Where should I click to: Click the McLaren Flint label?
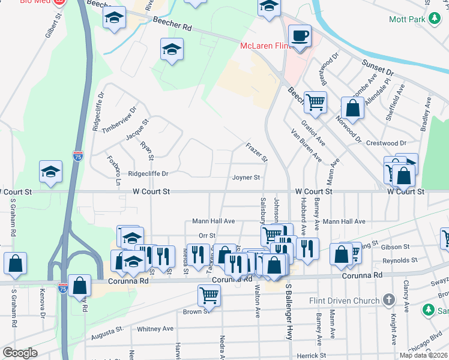click(x=265, y=46)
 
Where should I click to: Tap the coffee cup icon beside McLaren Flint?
click(x=300, y=35)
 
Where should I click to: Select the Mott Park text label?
click(x=408, y=19)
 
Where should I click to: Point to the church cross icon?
click(x=389, y=299)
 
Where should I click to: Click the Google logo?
click(x=20, y=352)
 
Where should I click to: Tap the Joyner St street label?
click(x=246, y=178)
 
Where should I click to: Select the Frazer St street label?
click(x=256, y=151)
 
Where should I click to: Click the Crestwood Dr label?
click(x=387, y=143)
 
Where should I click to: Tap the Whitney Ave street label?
click(x=155, y=329)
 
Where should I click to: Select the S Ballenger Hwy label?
click(x=289, y=313)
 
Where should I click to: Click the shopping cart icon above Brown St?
click(x=209, y=294)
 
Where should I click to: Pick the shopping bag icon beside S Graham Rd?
click(x=15, y=262)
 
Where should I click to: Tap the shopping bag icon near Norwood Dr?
click(x=353, y=108)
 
